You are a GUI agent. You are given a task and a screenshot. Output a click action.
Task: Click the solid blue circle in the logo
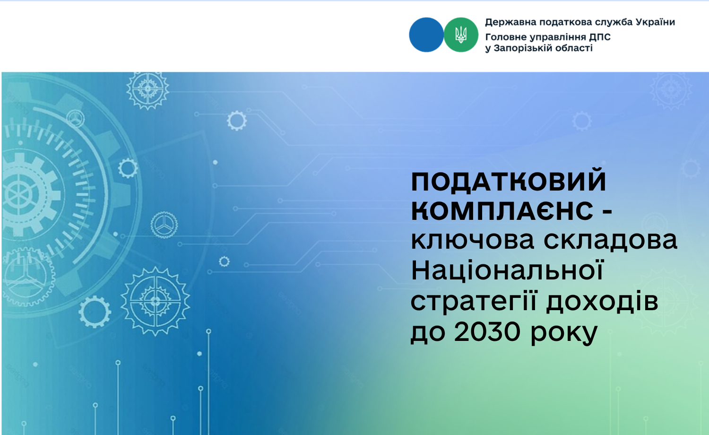pyautogui.click(x=426, y=35)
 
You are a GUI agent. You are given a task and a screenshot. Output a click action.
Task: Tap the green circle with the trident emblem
pyautogui.click(x=461, y=35)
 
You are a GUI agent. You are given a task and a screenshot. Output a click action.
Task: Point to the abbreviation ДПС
pyautogui.click(x=600, y=37)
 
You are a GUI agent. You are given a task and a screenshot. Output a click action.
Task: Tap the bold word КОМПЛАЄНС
pyautogui.click(x=502, y=210)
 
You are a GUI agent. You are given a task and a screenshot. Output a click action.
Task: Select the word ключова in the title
pyautogui.click(x=473, y=240)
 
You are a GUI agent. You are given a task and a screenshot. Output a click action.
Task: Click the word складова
pyautogui.click(x=610, y=241)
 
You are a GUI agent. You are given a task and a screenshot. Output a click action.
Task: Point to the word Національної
pyautogui.click(x=507, y=270)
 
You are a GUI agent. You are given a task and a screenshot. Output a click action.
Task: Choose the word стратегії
pyautogui.click(x=474, y=302)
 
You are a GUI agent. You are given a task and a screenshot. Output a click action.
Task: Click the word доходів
pyautogui.click(x=602, y=301)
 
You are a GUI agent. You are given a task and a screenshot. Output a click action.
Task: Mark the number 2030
pyautogui.click(x=487, y=331)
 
